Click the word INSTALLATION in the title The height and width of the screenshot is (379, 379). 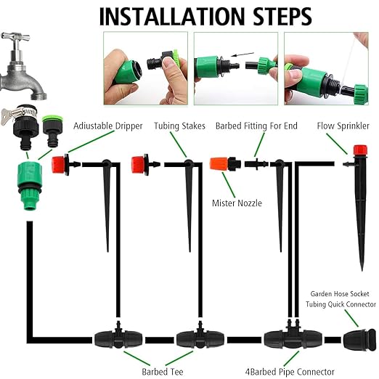click(171, 15)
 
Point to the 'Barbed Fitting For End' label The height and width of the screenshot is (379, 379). click(256, 126)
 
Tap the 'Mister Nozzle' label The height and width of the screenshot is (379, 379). click(236, 203)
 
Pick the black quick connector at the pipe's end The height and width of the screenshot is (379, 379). click(355, 338)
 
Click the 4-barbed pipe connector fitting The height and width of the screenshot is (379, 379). click(283, 338)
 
